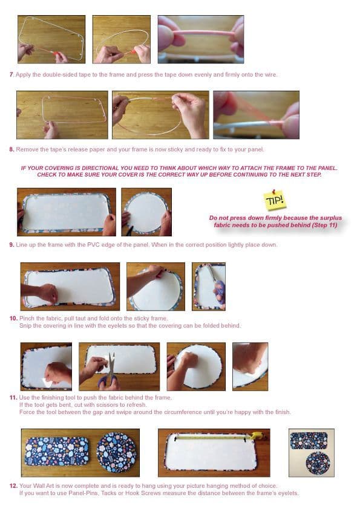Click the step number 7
pyautogui.click(x=11, y=74)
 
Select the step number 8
pyautogui.click(x=11, y=149)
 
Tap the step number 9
pyautogui.click(x=11, y=244)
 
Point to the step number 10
pyautogui.click(x=13, y=318)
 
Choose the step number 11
pyautogui.click(x=13, y=397)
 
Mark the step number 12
pyautogui.click(x=13, y=485)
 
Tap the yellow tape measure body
pyautogui.click(x=257, y=435)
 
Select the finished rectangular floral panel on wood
pyautogui.click(x=56, y=452)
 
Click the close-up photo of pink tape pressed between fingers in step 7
pyautogui.click(x=200, y=39)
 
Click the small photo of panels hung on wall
pyautogui.click(x=311, y=453)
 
